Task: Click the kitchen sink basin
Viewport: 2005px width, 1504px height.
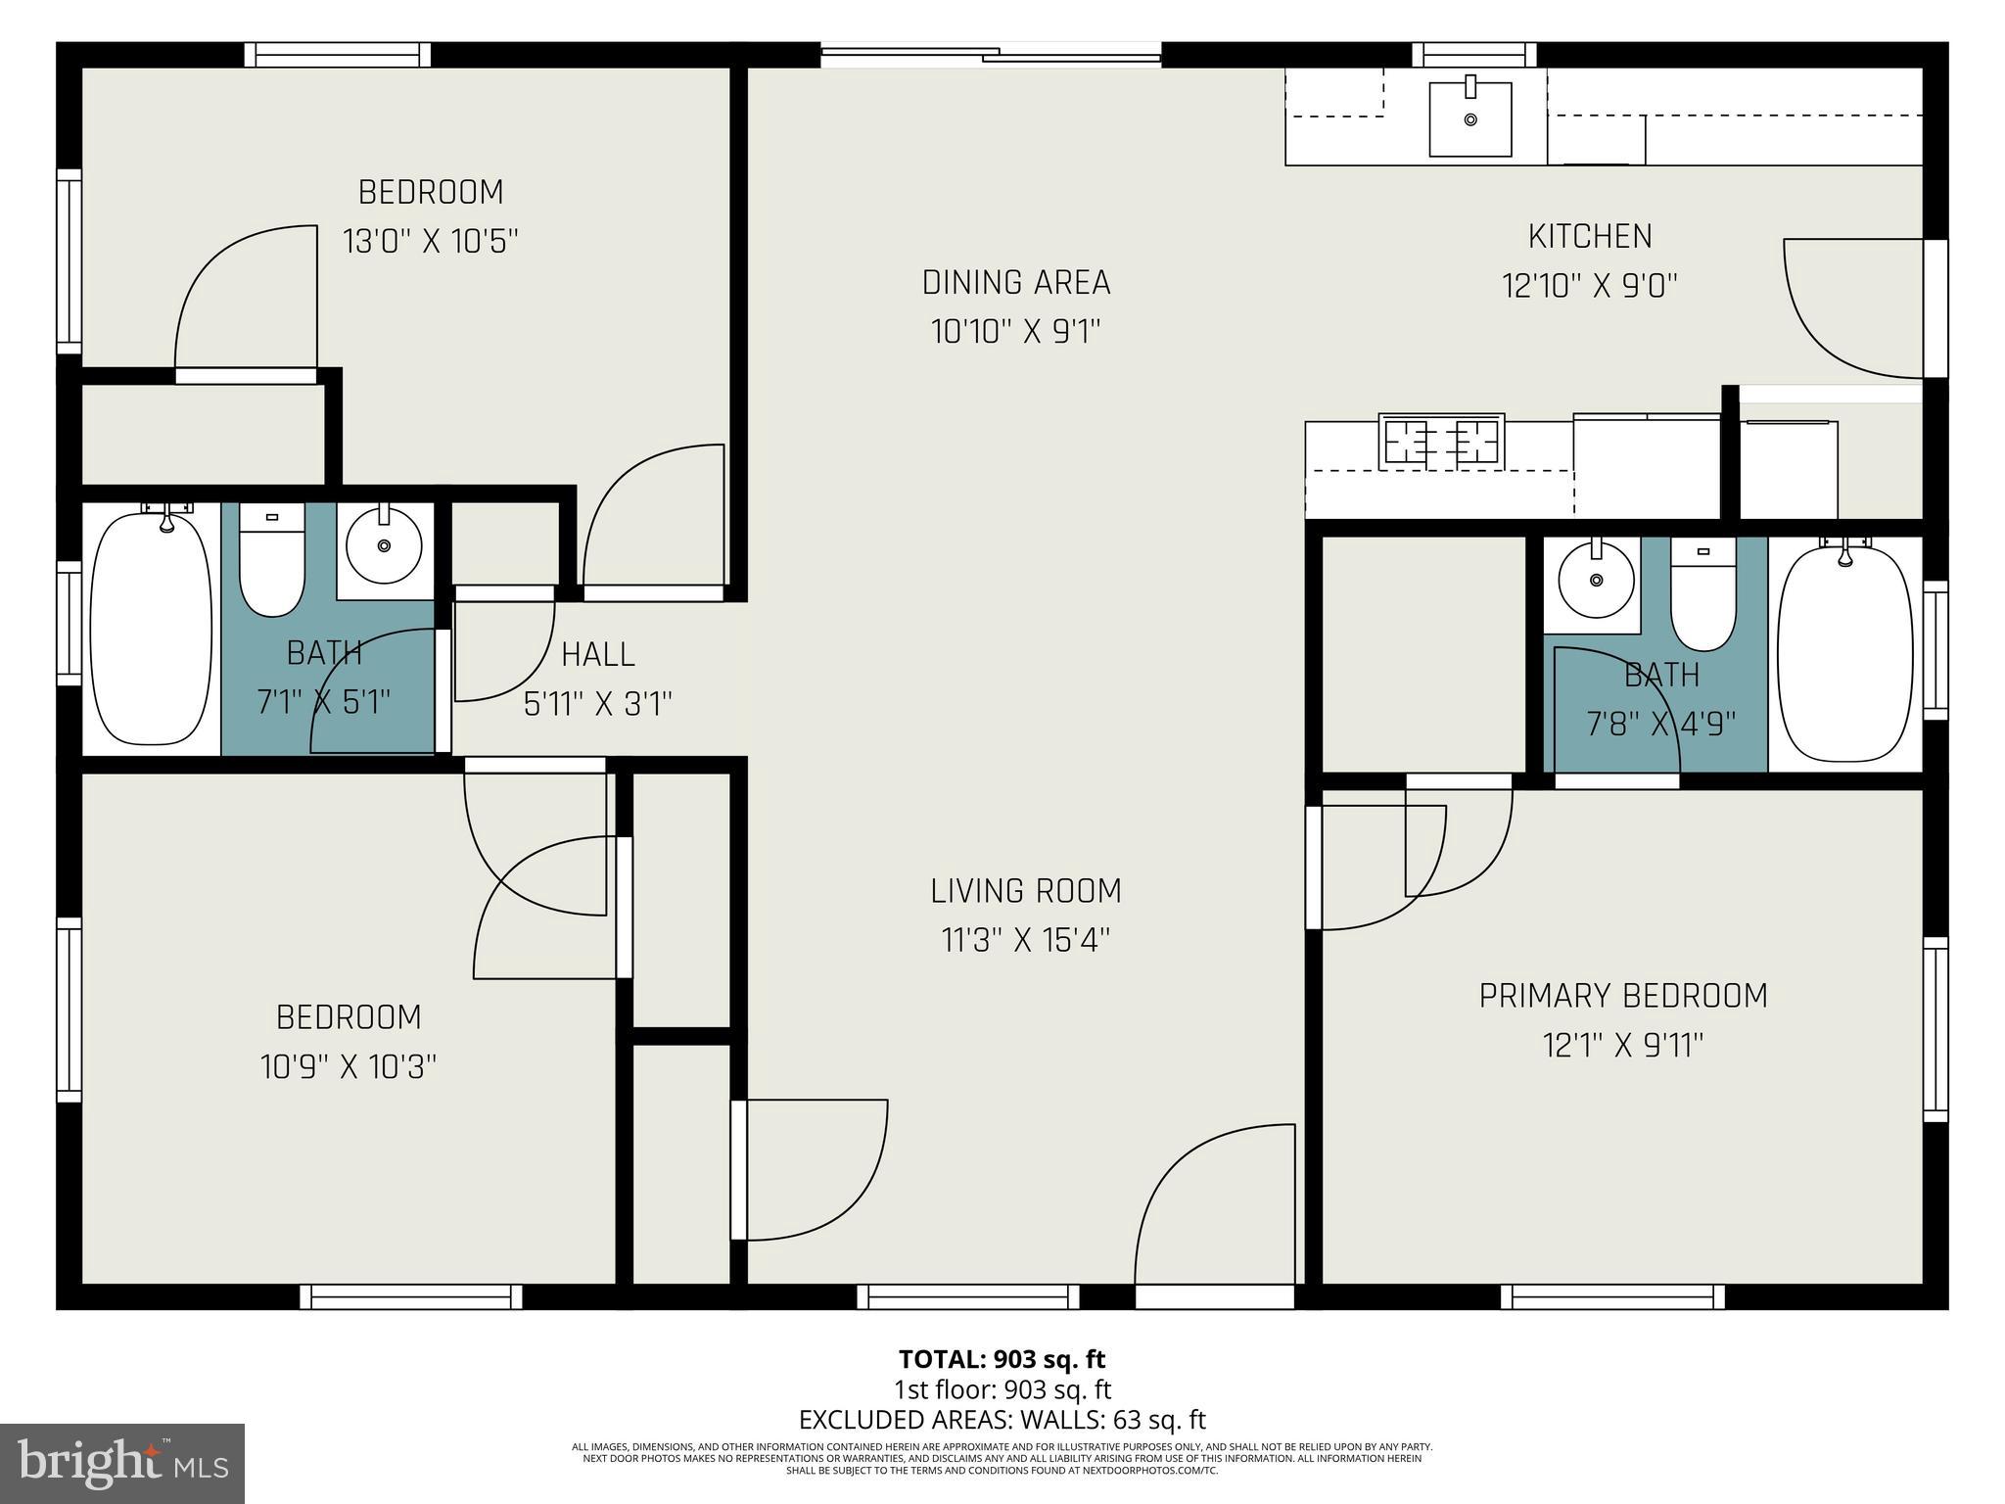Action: tap(1469, 119)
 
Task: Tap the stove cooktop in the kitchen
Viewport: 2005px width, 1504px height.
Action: tap(1440, 441)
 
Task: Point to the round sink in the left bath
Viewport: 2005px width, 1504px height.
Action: tap(384, 545)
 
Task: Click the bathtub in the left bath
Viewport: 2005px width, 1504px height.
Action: tap(151, 630)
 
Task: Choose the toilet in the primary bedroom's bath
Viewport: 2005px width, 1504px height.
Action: tap(1702, 594)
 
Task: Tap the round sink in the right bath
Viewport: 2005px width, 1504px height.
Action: tap(1596, 581)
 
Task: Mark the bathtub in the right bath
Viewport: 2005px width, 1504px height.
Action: tap(1844, 653)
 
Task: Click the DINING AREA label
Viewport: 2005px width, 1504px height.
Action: tap(1016, 282)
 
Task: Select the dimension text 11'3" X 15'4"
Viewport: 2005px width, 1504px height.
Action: tap(1025, 941)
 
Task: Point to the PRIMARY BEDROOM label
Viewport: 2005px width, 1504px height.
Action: tap(1623, 996)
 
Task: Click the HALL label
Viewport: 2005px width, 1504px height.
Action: tap(598, 654)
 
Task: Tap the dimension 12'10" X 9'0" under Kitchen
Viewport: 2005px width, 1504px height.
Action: tap(1590, 286)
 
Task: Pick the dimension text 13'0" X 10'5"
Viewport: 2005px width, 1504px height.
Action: tap(430, 241)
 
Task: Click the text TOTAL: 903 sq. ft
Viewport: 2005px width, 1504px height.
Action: tap(1002, 1359)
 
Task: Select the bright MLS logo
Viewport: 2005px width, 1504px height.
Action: tap(122, 1464)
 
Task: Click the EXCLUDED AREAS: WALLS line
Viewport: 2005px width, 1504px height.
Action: tap(1002, 1420)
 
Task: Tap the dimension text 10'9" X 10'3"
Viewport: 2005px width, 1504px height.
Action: tap(349, 1066)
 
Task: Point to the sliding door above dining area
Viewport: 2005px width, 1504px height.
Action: tap(990, 55)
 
